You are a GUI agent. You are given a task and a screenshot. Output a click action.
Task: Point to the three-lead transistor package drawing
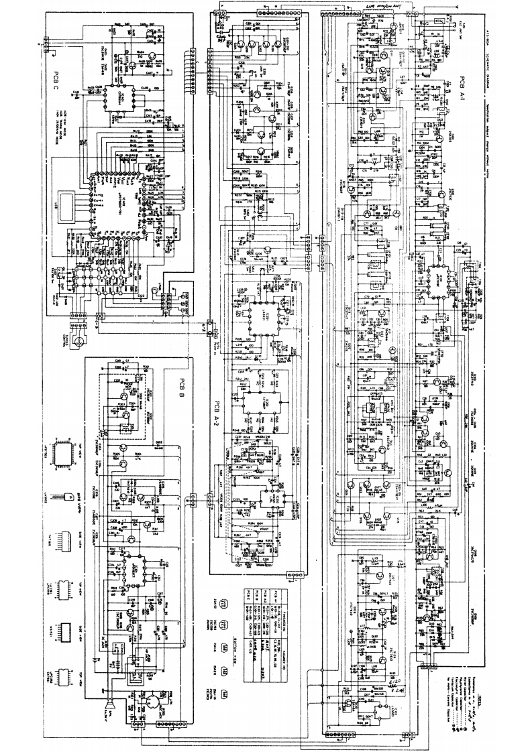[x=69, y=497]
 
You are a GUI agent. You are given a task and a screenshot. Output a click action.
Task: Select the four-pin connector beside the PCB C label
[x=46, y=46]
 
